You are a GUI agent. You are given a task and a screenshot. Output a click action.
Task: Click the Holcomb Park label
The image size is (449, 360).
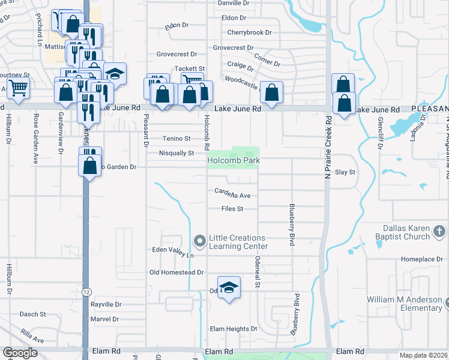(x=233, y=161)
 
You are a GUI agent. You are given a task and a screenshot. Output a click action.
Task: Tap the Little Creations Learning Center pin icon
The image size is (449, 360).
(x=200, y=241)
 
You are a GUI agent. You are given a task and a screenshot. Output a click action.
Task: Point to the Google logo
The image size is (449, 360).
(x=20, y=353)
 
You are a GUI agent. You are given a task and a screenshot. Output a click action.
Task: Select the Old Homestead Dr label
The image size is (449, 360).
(x=176, y=272)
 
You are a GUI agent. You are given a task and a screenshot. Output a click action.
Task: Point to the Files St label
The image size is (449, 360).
(x=232, y=209)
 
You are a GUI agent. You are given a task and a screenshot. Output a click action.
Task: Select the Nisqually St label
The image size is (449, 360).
(x=176, y=153)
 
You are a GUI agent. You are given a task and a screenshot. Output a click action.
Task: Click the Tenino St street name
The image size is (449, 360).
(x=176, y=139)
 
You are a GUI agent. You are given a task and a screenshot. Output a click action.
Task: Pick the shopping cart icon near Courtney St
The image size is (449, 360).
(x=18, y=88)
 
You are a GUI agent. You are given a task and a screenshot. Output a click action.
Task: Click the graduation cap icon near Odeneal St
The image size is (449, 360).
(x=229, y=287)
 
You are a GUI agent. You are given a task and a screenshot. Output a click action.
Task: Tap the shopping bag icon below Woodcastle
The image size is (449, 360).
(x=271, y=92)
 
